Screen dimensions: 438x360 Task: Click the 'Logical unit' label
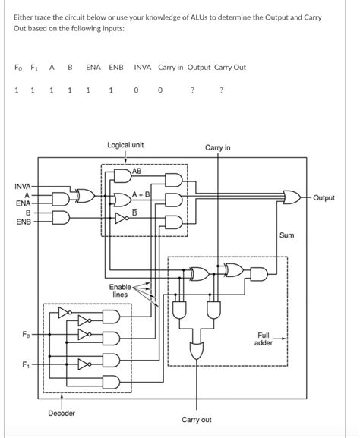[126, 144]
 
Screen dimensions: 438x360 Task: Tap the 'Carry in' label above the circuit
[218, 147]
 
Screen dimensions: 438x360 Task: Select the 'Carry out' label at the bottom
[197, 419]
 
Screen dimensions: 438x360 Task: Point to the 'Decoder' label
[62, 413]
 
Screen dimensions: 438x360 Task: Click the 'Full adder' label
[264, 339]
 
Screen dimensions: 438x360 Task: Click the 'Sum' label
[286, 236]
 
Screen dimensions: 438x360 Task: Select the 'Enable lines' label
[120, 291]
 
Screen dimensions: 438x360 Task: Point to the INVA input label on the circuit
[23, 186]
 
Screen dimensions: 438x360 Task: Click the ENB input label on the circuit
[24, 223]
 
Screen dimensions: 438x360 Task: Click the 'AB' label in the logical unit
[137, 172]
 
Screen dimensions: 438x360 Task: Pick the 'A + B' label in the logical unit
[141, 195]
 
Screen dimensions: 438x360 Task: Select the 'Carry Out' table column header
[230, 67]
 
